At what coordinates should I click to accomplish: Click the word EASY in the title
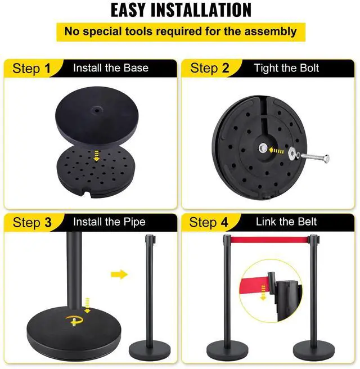136,10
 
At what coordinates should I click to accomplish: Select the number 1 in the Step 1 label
47,69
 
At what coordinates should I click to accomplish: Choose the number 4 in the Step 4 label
225,222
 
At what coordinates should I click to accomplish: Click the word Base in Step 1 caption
136,69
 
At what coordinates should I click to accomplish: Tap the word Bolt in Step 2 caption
307,69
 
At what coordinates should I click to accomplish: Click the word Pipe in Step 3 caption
133,222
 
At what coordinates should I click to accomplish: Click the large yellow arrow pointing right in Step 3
119,275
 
